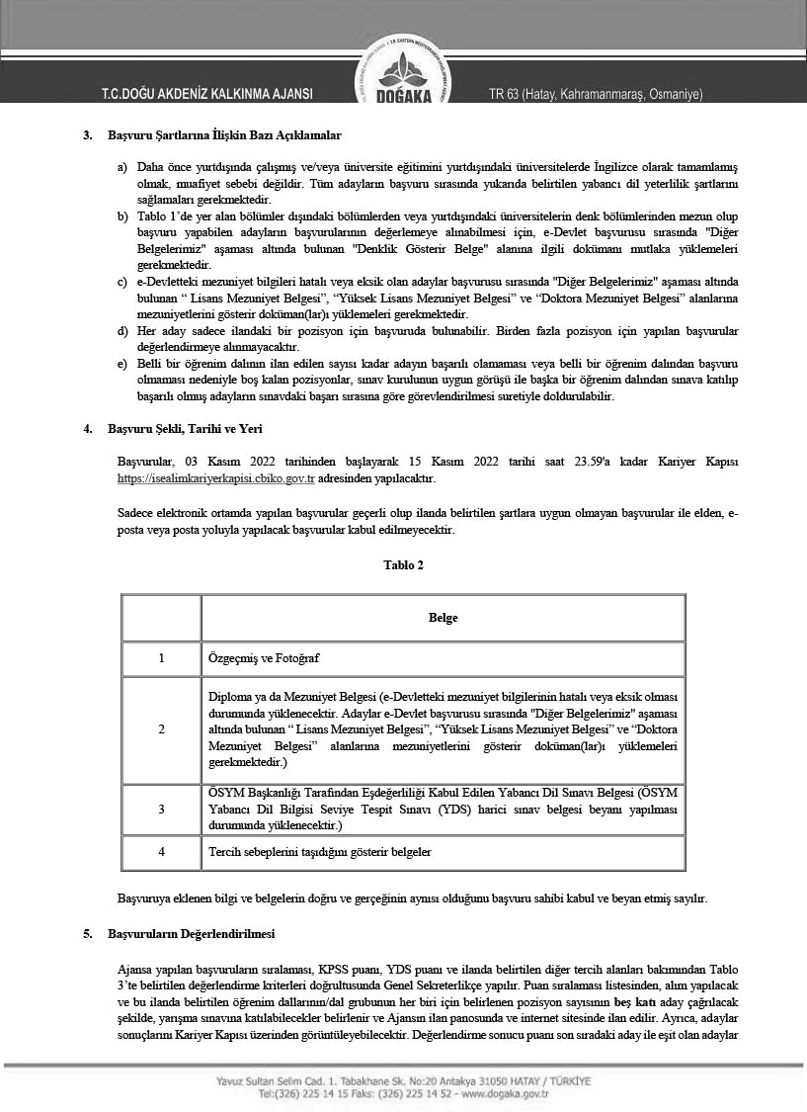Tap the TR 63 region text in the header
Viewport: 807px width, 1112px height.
pyautogui.click(x=596, y=95)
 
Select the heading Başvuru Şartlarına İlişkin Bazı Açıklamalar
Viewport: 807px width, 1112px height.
pyautogui.click(x=225, y=135)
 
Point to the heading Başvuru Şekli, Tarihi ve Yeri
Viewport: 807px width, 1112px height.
pyautogui.click(x=185, y=429)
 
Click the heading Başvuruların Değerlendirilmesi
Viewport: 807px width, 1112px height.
pyautogui.click(x=191, y=933)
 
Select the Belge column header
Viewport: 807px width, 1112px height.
pyautogui.click(x=443, y=618)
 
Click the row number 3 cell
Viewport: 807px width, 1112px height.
pyautogui.click(x=161, y=809)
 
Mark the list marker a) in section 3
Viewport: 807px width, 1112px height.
pyautogui.click(x=122, y=166)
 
